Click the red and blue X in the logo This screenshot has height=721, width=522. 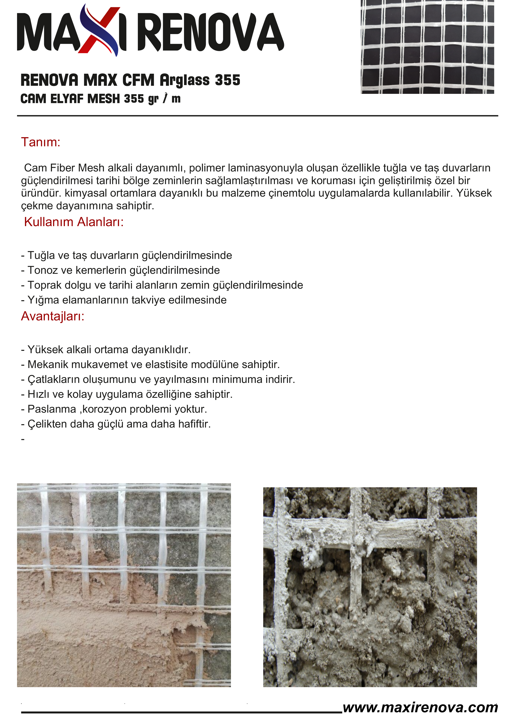[x=99, y=31]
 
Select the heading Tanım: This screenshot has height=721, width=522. [x=41, y=142]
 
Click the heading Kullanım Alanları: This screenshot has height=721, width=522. [x=74, y=222]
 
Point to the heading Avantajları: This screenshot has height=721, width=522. [x=53, y=316]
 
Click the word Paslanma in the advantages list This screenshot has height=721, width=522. [x=52, y=409]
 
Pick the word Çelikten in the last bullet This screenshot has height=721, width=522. [x=47, y=424]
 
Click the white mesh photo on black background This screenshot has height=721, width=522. [x=427, y=47]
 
